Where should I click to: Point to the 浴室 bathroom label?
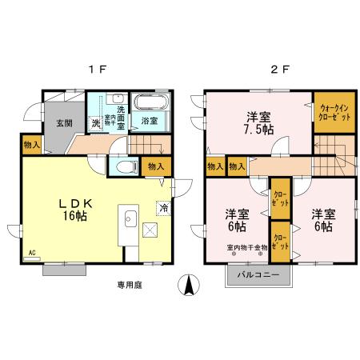point(149,122)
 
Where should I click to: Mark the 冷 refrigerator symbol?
point(163,208)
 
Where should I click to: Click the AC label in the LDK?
point(33,253)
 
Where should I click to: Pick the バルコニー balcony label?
point(258,276)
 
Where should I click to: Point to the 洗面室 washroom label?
point(122,117)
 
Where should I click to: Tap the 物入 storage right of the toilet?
point(155,166)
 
